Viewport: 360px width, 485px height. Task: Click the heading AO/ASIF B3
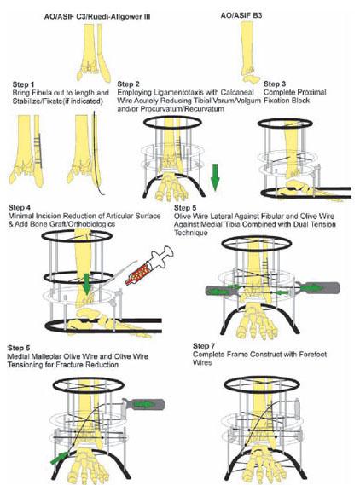click(x=241, y=15)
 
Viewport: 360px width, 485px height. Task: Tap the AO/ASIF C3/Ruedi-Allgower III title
click(x=97, y=17)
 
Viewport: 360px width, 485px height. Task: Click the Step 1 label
click(x=24, y=84)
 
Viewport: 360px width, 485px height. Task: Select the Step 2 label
click(x=129, y=84)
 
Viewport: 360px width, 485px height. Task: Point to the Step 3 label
click(x=275, y=84)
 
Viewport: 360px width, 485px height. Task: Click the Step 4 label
click(x=20, y=207)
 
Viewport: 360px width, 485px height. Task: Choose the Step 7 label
click(x=204, y=346)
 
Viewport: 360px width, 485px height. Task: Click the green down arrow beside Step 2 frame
click(x=215, y=177)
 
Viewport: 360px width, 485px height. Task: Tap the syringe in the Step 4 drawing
click(x=149, y=265)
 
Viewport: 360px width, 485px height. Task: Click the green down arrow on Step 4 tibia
click(x=87, y=284)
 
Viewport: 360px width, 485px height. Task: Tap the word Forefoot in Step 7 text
click(x=312, y=355)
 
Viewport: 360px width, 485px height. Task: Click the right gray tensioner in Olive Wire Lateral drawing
click(x=319, y=288)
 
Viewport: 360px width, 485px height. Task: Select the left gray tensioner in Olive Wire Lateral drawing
click(x=221, y=291)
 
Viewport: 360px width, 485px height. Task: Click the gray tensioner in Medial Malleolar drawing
click(x=143, y=404)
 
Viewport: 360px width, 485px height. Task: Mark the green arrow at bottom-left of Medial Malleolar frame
click(x=60, y=458)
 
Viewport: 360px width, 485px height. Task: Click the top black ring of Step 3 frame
click(x=285, y=123)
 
